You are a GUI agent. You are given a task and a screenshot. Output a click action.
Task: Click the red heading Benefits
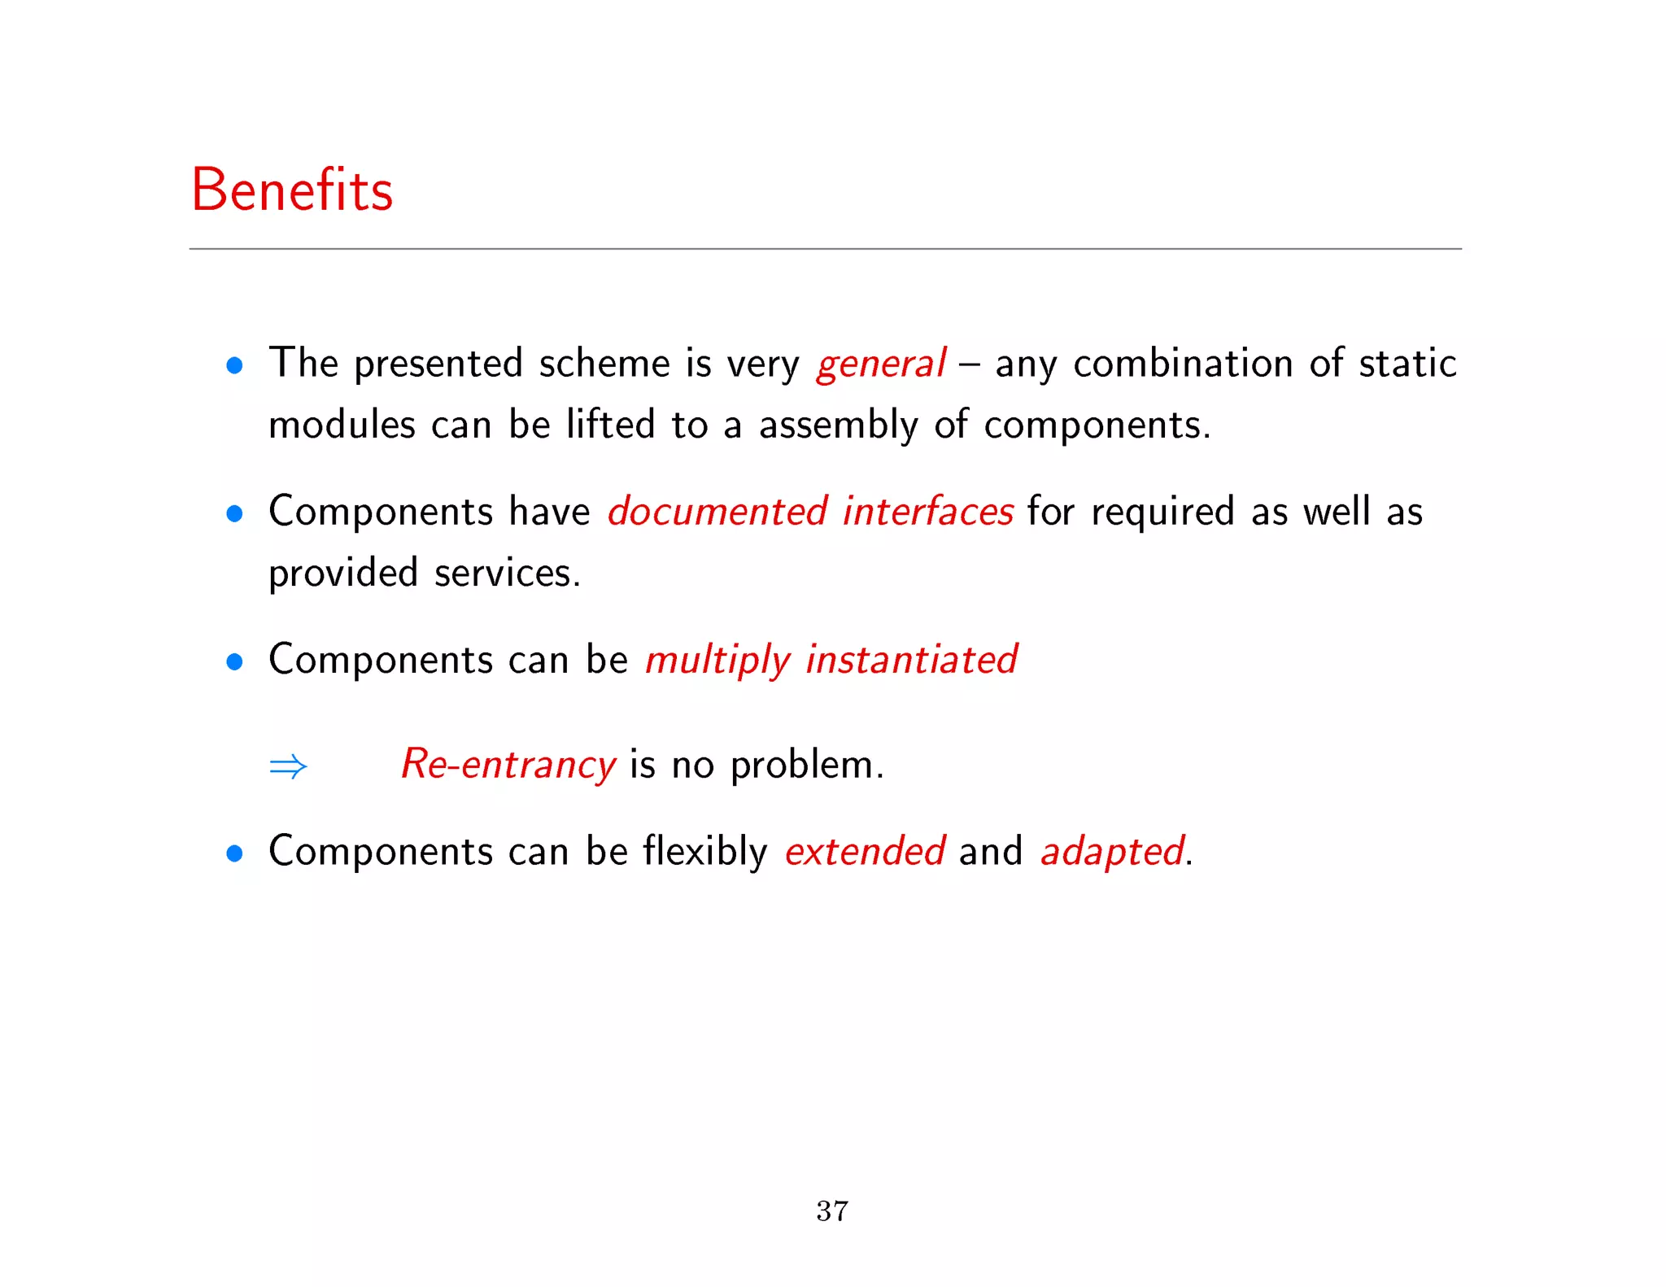(x=291, y=190)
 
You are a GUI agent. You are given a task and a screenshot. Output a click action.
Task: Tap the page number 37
(x=832, y=1211)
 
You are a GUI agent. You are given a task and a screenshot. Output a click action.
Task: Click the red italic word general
(x=880, y=364)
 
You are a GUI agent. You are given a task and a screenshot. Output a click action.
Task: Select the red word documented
(x=717, y=512)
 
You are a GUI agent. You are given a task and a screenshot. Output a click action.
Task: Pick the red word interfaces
(x=927, y=512)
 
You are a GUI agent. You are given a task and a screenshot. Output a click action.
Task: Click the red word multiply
(x=717, y=661)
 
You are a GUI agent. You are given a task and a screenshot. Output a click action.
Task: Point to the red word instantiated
(x=911, y=659)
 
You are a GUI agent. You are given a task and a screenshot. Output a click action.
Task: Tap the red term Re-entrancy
(x=508, y=765)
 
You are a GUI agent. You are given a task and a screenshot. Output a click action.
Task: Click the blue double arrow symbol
(x=288, y=766)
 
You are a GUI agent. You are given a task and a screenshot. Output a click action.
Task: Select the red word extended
(x=864, y=852)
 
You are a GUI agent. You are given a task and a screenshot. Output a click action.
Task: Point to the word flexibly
(x=704, y=852)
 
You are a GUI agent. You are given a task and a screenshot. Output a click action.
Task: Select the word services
(x=507, y=573)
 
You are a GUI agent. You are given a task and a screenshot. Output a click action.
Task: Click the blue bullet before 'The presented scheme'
(x=235, y=365)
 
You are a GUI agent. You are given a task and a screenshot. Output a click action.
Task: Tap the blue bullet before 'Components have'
(x=235, y=513)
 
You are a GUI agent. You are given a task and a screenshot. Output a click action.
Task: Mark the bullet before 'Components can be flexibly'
(x=235, y=853)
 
